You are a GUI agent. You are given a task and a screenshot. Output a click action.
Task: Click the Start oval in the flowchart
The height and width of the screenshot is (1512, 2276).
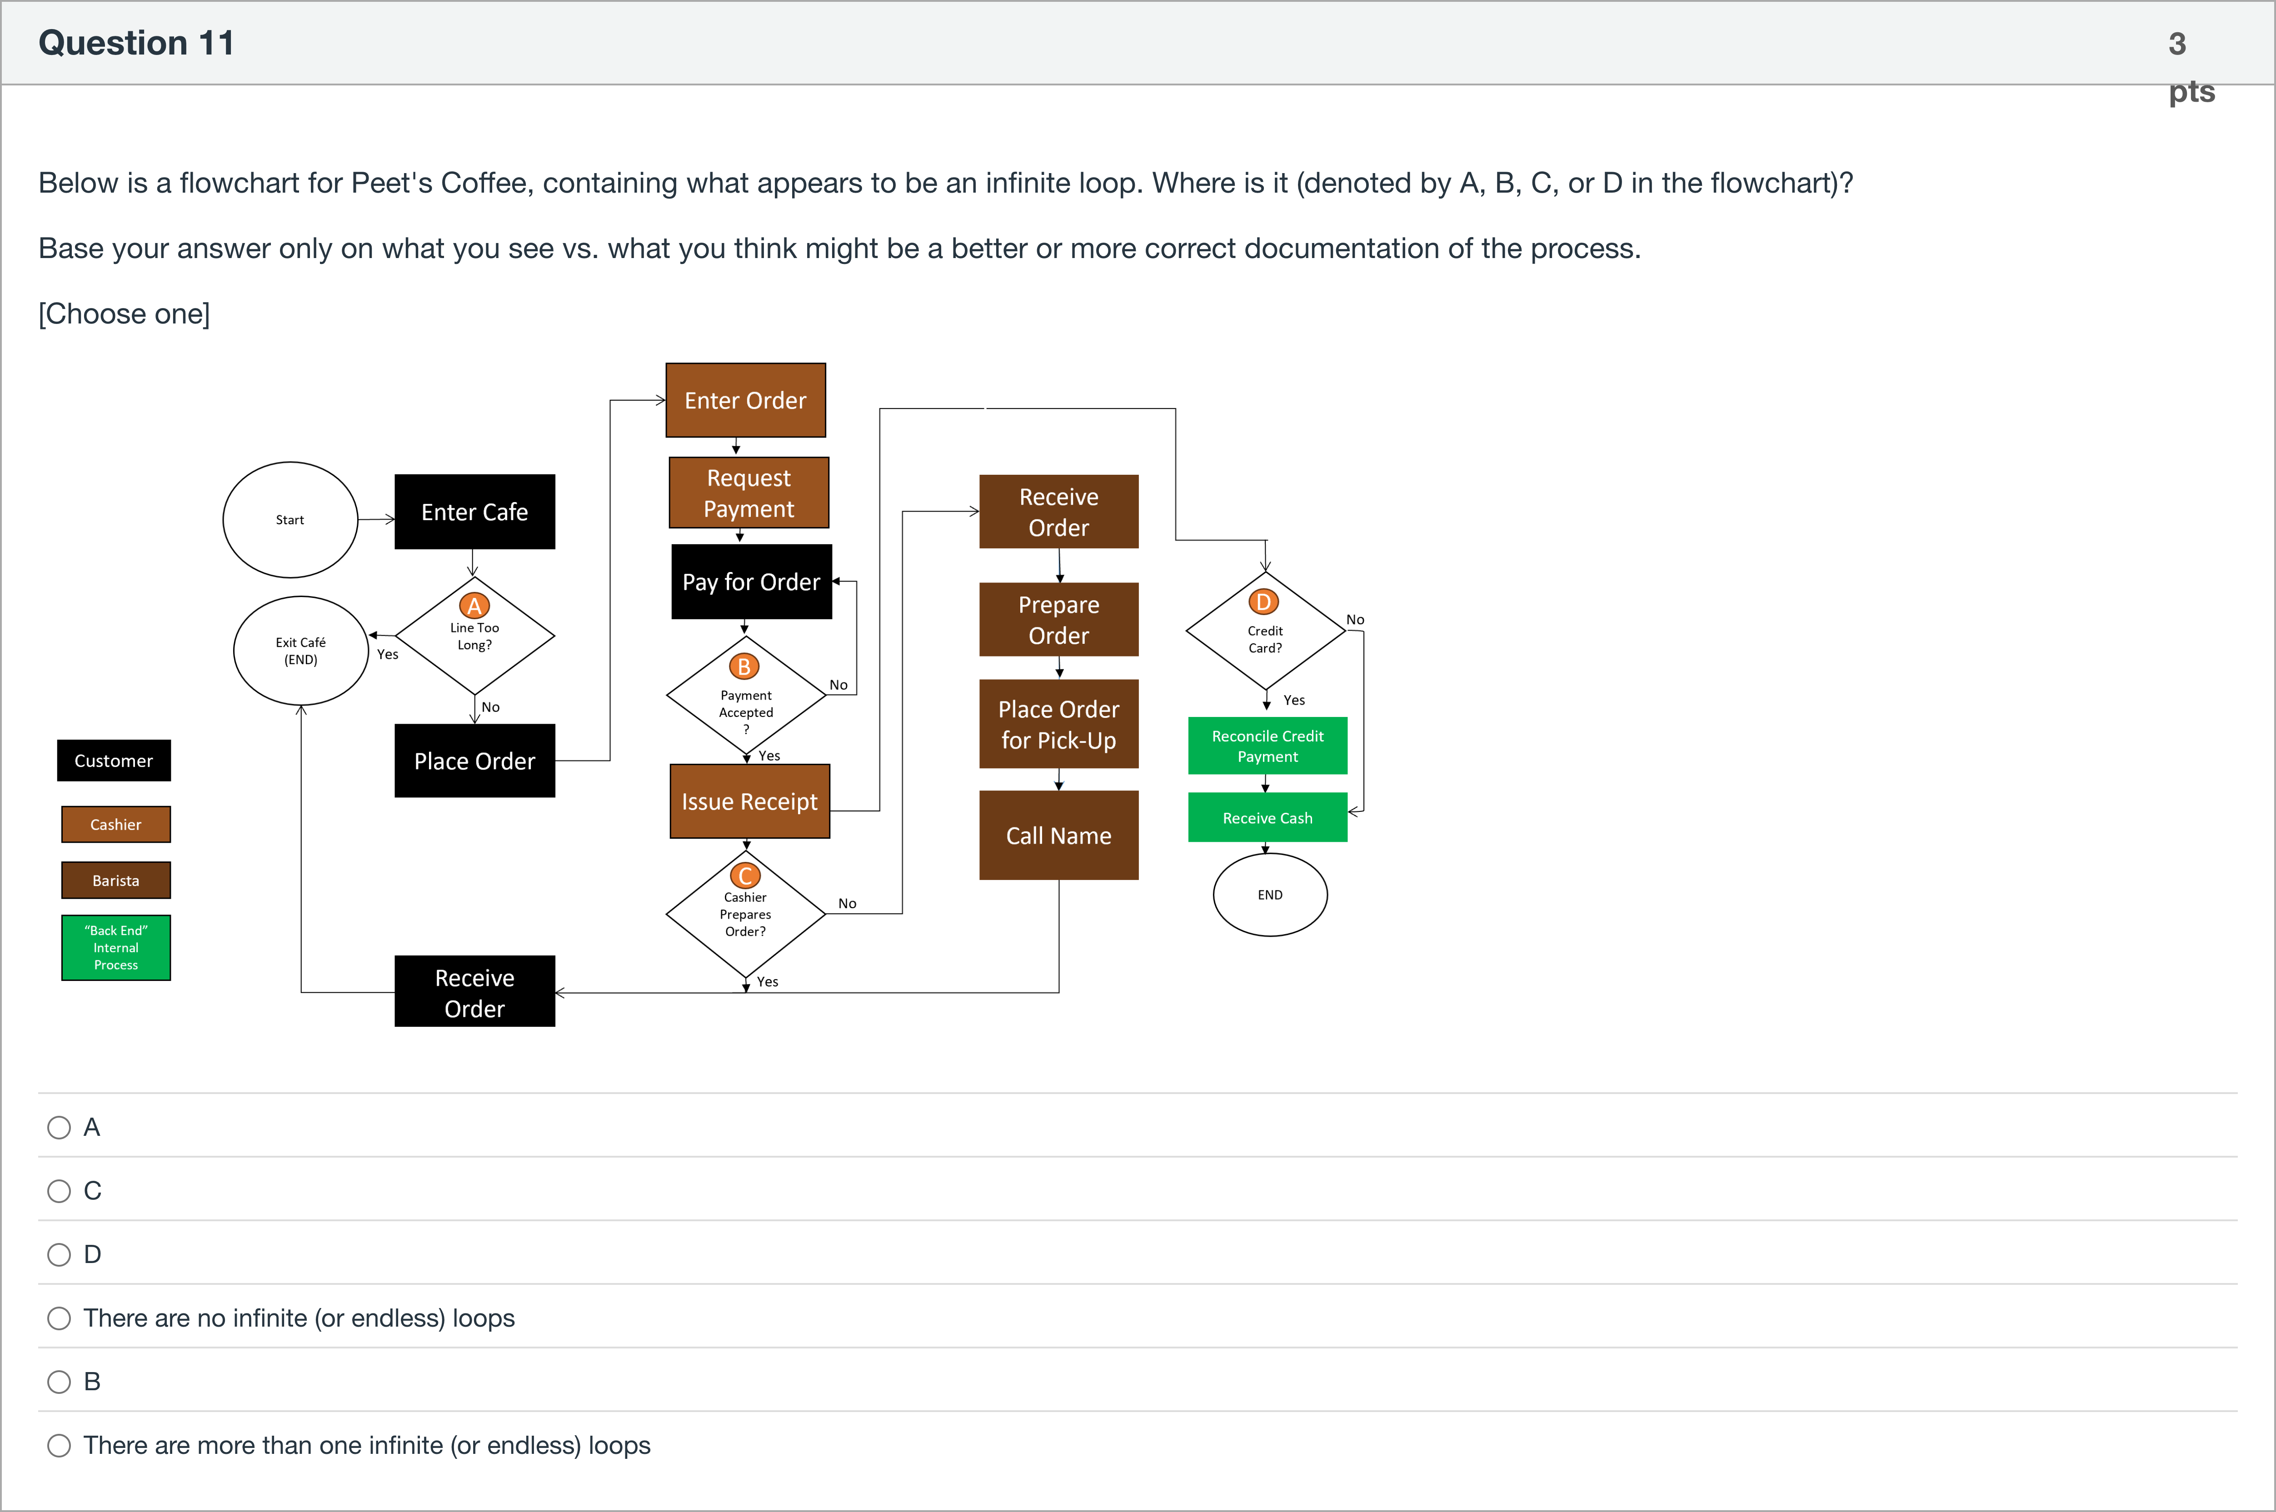290,520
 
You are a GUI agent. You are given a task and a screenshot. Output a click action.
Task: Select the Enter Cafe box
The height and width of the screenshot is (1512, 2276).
474,512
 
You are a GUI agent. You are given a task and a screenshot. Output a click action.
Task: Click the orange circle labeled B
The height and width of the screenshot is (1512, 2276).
744,666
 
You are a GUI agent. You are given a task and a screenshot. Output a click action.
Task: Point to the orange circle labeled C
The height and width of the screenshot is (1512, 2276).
745,875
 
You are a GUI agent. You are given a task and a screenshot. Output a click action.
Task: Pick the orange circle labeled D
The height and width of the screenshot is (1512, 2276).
1263,602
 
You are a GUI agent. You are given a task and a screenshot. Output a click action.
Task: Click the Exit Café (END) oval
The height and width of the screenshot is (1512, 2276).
301,651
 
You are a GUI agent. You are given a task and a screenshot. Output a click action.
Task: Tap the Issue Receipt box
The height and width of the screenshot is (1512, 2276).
749,801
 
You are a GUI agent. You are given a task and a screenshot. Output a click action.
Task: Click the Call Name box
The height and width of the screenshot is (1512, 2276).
1059,835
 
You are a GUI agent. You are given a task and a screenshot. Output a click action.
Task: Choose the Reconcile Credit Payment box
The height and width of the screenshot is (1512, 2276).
1267,746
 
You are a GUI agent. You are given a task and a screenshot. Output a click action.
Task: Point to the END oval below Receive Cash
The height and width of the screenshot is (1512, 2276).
1270,895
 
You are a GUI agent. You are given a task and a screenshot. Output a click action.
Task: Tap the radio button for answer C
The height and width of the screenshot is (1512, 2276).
59,1191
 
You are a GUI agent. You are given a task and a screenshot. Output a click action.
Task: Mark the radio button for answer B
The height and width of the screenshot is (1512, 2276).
59,1382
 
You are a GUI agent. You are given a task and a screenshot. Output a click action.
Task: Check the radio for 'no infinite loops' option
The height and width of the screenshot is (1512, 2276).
59,1318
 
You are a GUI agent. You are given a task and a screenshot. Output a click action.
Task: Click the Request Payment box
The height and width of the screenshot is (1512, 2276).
749,493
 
